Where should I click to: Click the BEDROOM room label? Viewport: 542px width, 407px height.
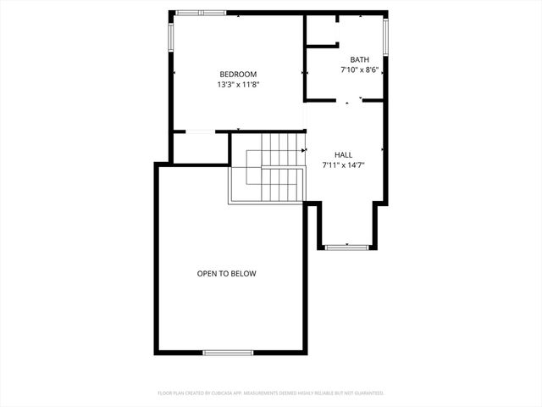[237, 74]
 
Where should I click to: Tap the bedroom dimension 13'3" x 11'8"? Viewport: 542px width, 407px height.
[237, 84]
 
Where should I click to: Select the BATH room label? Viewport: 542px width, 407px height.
[360, 59]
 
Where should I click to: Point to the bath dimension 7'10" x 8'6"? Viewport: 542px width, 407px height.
[360, 70]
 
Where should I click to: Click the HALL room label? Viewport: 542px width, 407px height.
[343, 154]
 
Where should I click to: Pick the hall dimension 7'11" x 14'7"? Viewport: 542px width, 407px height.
[343, 164]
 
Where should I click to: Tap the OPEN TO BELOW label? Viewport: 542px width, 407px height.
[226, 274]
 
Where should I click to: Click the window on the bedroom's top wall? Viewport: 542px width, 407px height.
[201, 13]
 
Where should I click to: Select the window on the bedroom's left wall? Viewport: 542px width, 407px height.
[171, 36]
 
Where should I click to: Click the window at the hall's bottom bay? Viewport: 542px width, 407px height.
[347, 248]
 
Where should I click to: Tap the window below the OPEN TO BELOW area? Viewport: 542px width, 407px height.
[228, 352]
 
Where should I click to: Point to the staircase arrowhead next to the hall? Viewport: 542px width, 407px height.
[303, 150]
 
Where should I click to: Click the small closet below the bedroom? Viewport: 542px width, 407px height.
[200, 148]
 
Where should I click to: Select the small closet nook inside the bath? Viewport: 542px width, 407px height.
[322, 30]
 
